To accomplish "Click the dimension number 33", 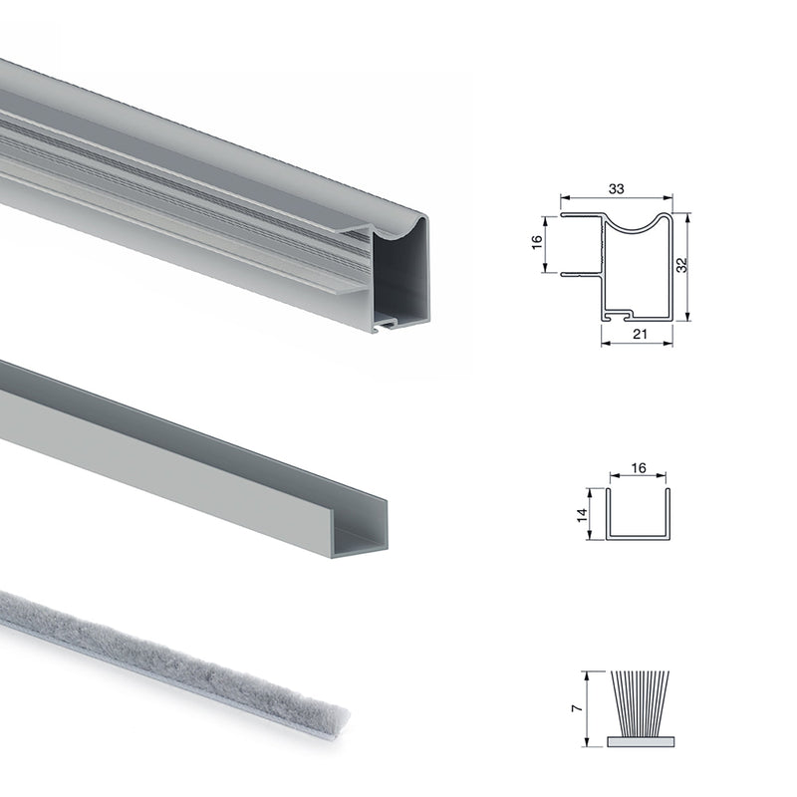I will pos(617,187).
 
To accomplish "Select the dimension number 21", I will pos(640,335).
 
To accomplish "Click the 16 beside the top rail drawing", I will pos(536,244).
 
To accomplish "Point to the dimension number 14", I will pos(582,515).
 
